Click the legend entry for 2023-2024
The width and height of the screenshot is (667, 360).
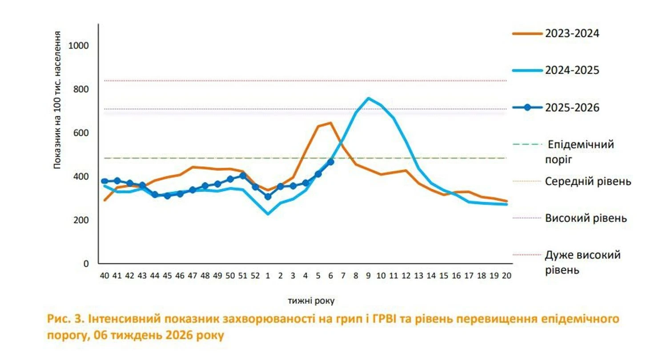point(573,33)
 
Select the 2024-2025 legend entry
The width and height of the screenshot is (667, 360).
point(573,70)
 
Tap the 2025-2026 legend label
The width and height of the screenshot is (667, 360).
point(573,108)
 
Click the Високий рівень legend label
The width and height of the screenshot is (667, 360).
point(586,218)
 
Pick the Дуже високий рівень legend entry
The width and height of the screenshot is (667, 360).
point(583,262)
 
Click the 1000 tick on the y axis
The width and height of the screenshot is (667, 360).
point(80,46)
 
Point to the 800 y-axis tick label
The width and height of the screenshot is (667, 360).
point(82,89)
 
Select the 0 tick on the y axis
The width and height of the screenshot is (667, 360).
point(86,263)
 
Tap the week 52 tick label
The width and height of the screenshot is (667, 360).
point(255,275)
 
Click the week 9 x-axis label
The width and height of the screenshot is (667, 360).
point(368,275)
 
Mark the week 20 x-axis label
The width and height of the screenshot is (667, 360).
point(506,275)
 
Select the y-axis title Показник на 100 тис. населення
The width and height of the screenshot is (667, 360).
point(57,99)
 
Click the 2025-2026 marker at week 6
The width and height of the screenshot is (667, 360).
point(330,162)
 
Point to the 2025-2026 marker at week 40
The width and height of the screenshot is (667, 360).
point(104,181)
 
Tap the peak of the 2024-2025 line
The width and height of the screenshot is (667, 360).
point(368,98)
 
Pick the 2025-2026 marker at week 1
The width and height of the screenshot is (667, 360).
point(268,197)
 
